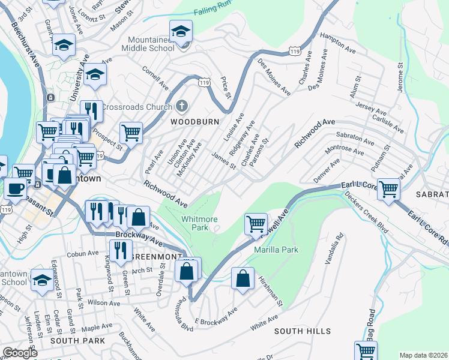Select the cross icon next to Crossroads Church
(x=182, y=106)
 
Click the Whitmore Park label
(x=199, y=224)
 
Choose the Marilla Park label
(x=276, y=249)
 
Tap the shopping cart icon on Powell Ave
(x=256, y=224)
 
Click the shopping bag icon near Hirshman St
(x=242, y=280)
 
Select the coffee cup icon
(x=15, y=188)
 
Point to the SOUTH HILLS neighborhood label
(x=303, y=331)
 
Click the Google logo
(x=19, y=353)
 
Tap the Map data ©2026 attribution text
(x=423, y=355)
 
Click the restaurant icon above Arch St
(x=121, y=251)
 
